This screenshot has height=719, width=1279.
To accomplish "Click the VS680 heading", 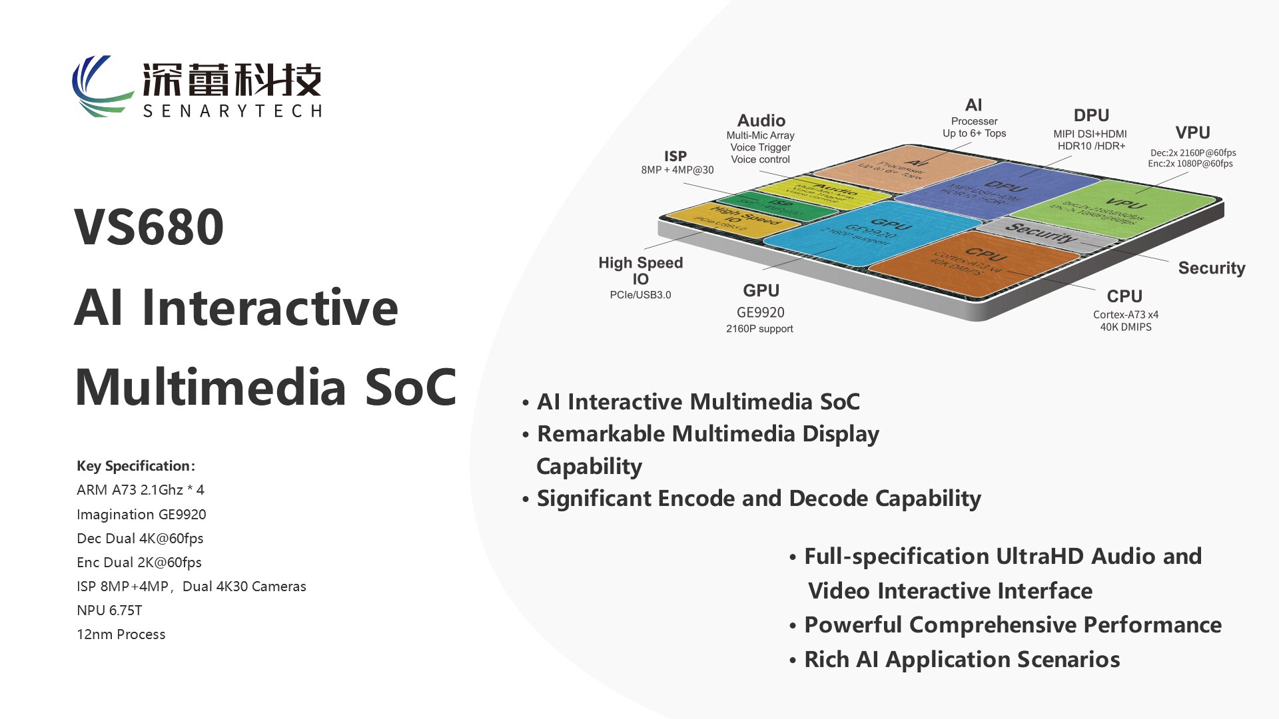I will pos(149,227).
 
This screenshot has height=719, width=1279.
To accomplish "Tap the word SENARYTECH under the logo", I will pos(232,111).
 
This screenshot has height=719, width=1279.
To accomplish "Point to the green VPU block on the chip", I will pos(1119,208).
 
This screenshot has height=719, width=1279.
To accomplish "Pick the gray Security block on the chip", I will pos(1043,233).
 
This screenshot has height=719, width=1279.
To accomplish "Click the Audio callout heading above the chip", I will pos(761,120).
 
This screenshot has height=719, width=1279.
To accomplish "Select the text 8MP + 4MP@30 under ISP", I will pos(677,170).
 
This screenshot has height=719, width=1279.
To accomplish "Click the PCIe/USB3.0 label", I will pos(640,295).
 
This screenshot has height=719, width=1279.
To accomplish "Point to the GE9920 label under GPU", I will pos(760,312).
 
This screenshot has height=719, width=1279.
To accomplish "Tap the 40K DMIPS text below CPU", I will pos(1125,327).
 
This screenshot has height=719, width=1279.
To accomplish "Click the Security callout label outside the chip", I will pos(1211,268).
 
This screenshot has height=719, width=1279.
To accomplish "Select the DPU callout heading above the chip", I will pos(1090,115).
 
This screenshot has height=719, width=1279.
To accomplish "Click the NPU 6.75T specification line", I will pos(109,610).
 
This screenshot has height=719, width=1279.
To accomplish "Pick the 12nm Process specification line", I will pos(121,634).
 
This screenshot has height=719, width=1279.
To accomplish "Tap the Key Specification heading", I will pos(135,466).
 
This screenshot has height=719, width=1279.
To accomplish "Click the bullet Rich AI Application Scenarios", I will pos(961,660).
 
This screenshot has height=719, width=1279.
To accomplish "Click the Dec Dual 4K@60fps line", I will pos(140,539).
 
